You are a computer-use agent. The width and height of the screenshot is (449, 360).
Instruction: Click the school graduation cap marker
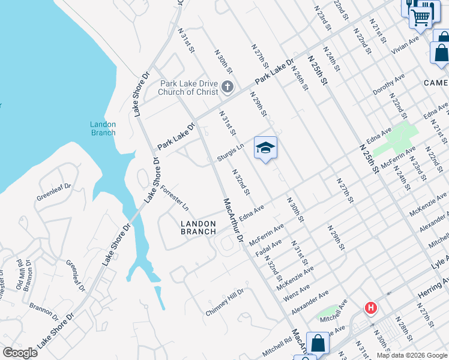click(x=265, y=148)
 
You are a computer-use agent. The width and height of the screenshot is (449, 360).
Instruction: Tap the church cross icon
click(x=227, y=88)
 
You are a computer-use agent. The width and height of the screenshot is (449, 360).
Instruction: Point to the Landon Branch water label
click(x=103, y=128)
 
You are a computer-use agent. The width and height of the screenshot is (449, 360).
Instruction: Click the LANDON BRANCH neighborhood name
click(x=198, y=227)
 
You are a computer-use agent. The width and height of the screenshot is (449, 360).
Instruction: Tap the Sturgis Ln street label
click(x=231, y=150)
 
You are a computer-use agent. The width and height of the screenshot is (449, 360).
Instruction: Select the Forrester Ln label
click(x=175, y=199)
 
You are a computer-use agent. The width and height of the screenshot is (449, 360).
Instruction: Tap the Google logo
click(x=20, y=353)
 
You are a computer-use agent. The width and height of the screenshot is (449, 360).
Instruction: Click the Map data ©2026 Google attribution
click(x=412, y=355)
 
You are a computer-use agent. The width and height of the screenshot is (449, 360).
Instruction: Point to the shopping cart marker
click(x=421, y=17)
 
